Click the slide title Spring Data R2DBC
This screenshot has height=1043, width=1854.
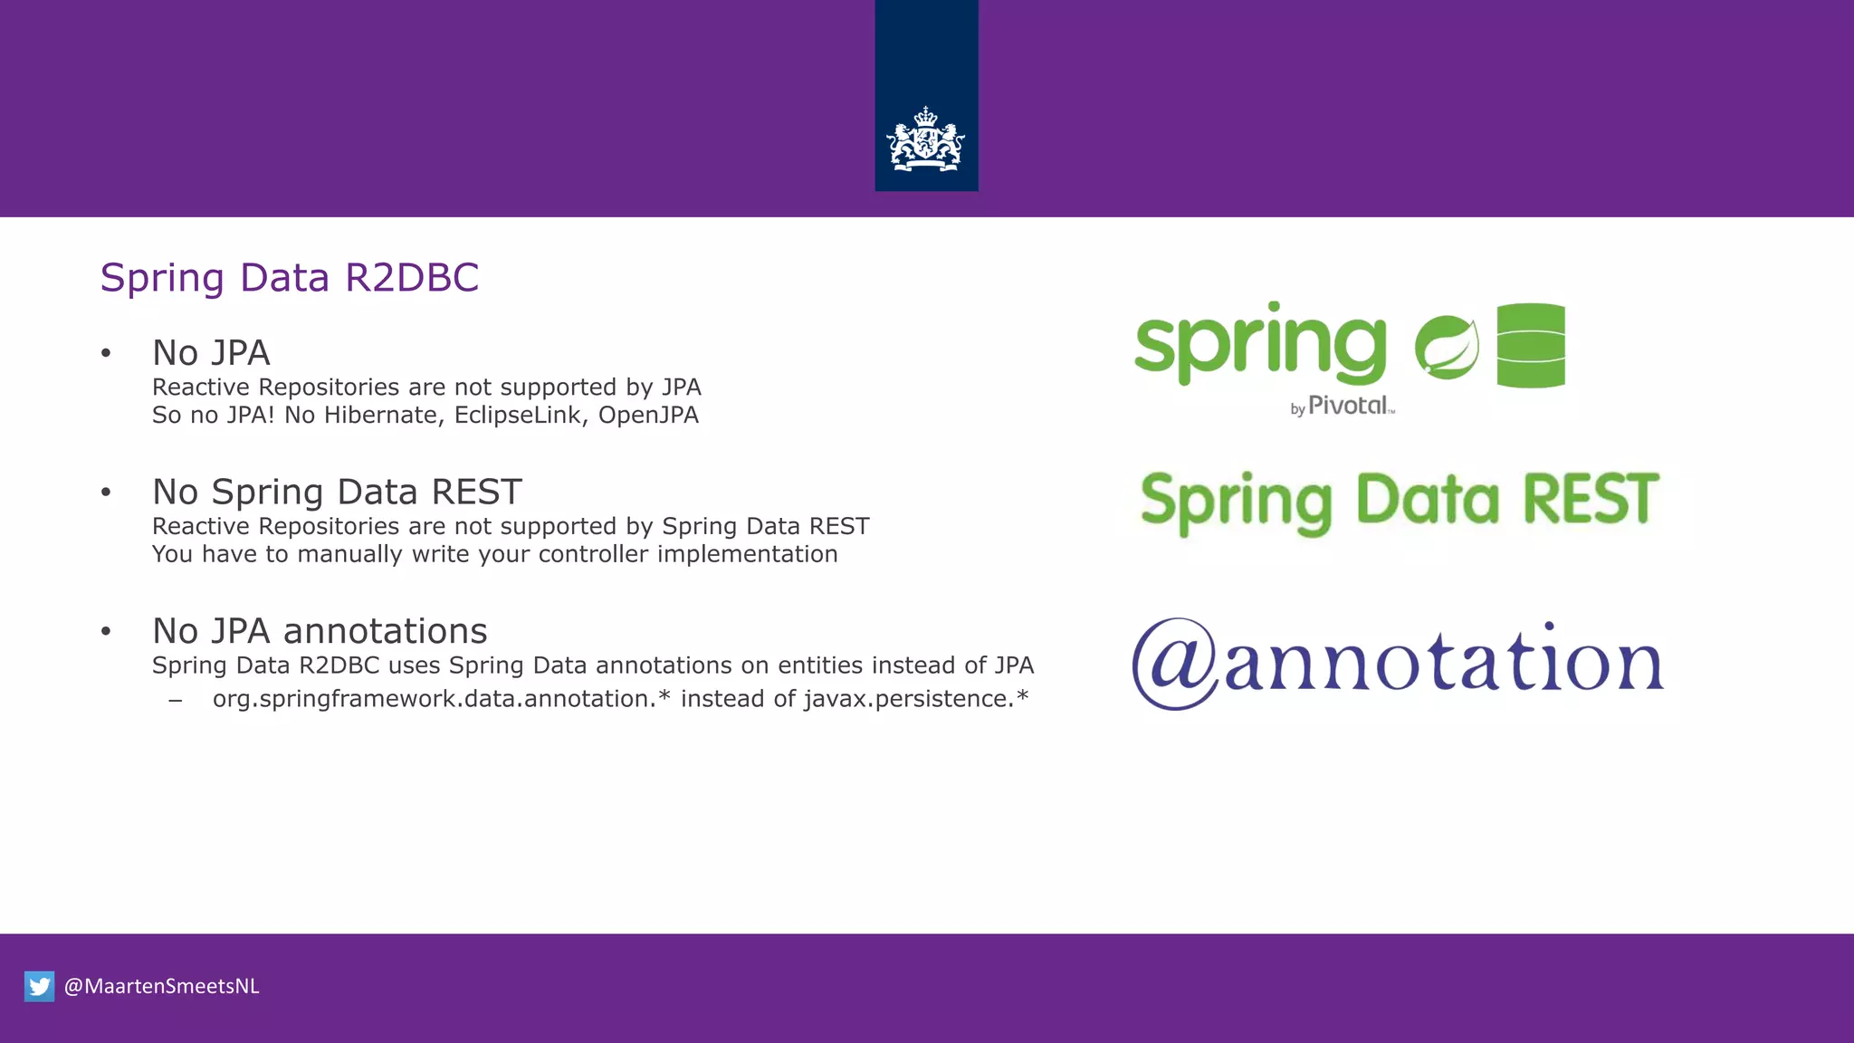click(x=289, y=277)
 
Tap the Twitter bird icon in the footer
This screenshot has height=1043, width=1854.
click(x=39, y=986)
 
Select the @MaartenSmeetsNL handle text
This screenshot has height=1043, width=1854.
click(x=162, y=986)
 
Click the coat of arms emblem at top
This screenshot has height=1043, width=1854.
click(x=926, y=140)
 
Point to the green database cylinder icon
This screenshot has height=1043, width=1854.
click(x=1531, y=345)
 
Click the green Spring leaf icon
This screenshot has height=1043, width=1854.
click(x=1447, y=347)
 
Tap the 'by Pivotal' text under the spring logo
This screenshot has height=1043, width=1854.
click(x=1343, y=407)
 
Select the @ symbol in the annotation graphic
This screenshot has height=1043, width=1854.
click(x=1176, y=664)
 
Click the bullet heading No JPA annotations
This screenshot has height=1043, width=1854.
click(x=320, y=631)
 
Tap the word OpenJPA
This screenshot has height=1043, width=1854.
click(x=648, y=416)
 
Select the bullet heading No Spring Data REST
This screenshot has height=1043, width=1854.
click(x=337, y=492)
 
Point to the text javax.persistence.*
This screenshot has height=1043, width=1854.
click(x=915, y=699)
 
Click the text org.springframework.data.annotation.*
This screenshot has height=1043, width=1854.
click(x=441, y=699)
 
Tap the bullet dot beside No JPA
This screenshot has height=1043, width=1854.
click(x=106, y=353)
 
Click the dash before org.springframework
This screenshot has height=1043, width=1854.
click(x=176, y=700)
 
